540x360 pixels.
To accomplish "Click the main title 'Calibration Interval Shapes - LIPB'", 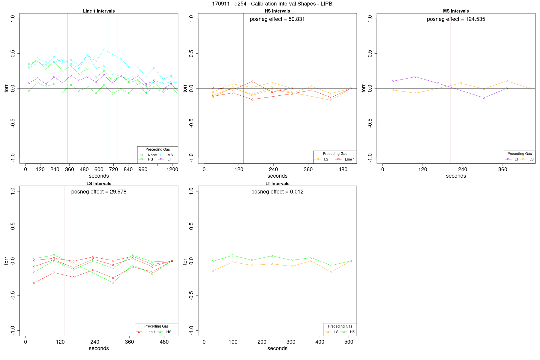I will [291, 4].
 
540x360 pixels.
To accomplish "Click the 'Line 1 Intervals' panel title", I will [99, 11].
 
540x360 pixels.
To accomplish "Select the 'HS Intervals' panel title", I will [277, 11].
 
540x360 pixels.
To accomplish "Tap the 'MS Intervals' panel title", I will [456, 11].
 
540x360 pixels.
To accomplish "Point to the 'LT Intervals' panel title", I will [277, 184].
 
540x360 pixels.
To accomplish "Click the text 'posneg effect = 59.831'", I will [277, 19].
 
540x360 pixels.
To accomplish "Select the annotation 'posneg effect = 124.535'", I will [456, 19].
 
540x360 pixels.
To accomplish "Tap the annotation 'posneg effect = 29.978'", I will [99, 192].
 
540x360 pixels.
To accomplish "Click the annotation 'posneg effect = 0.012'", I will [277, 192].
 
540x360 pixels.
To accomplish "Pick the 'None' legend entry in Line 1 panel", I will [152, 155].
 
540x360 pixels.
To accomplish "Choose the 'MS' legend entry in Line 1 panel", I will [170, 155].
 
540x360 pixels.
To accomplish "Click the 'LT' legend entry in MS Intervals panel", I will [516, 159].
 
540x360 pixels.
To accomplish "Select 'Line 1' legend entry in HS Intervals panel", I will [349, 159].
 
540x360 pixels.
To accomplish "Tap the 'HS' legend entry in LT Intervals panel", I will [352, 332].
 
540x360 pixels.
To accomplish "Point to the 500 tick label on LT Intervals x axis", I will [349, 342].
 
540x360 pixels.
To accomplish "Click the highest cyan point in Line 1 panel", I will [104, 49].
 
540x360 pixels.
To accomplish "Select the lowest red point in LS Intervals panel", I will [34, 283].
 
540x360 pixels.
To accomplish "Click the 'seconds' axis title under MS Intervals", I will [456, 176].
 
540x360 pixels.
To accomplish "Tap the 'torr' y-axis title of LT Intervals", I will [185, 261].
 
